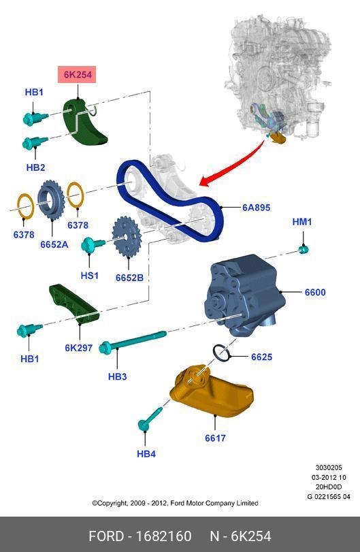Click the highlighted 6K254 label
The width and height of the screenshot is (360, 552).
pos(77,74)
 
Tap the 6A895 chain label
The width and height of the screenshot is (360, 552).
pos(256,208)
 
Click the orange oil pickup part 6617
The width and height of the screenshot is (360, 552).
pos(212,391)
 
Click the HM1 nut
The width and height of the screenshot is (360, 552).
pos(304,250)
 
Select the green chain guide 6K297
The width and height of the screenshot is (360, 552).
pos(73,304)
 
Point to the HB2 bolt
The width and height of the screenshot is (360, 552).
pos(35,143)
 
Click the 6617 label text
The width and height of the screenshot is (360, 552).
pos(215,438)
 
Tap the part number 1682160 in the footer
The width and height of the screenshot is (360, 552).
pos(163,536)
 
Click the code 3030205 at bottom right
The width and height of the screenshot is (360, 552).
pos(328,468)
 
